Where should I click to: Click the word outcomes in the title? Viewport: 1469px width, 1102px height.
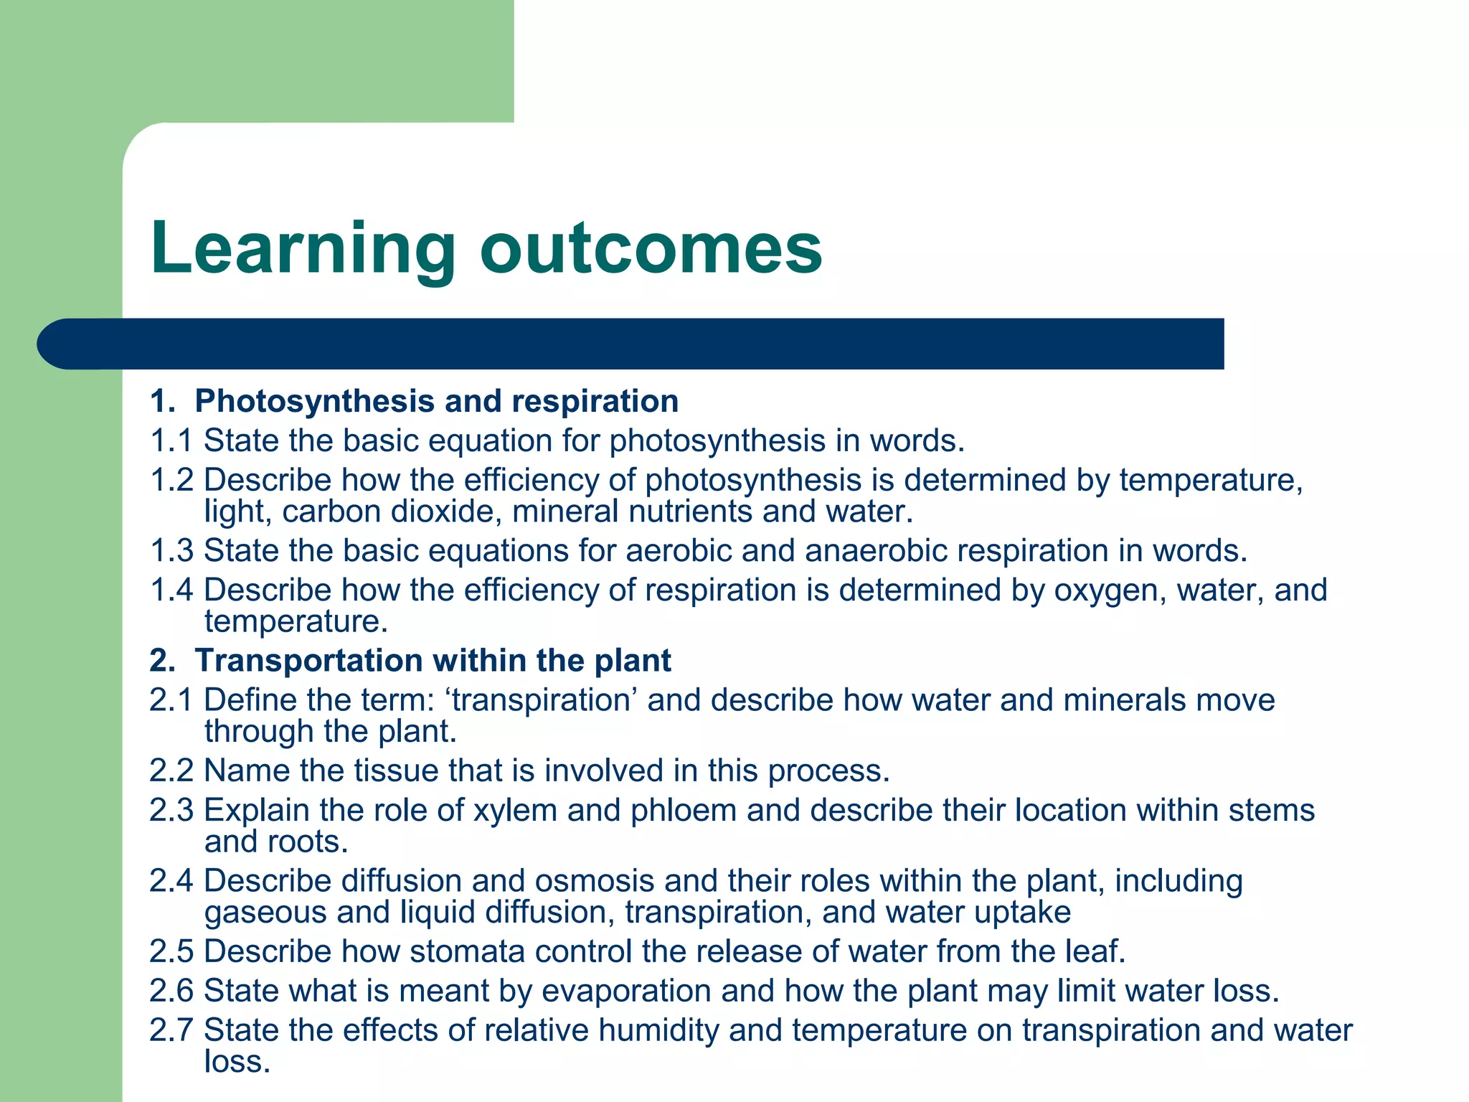pyautogui.click(x=651, y=248)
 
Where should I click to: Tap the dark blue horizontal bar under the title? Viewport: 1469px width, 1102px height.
pyautogui.click(x=631, y=344)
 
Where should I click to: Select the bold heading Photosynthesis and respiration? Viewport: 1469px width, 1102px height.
pyautogui.click(x=436, y=401)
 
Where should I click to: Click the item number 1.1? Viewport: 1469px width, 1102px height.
pyautogui.click(x=171, y=441)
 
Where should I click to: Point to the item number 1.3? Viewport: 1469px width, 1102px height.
pyautogui.click(x=171, y=551)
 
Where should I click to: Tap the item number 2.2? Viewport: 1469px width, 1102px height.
pyautogui.click(x=171, y=771)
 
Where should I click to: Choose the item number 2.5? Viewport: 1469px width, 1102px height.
pyautogui.click(x=171, y=951)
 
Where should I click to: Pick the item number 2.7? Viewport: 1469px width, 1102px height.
pyautogui.click(x=171, y=1030)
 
